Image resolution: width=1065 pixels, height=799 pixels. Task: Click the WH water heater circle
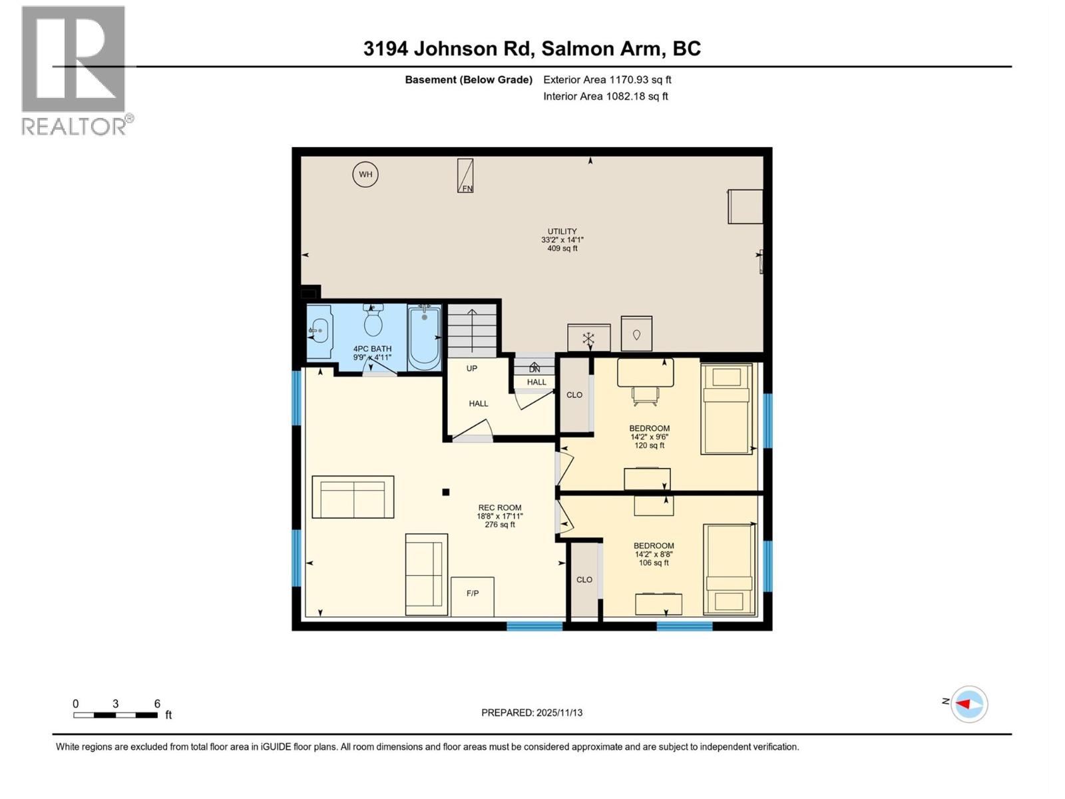[365, 174]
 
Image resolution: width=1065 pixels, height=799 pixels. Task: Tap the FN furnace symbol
[465, 176]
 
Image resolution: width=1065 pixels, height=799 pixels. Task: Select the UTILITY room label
[562, 240]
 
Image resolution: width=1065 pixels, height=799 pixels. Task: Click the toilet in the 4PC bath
[373, 321]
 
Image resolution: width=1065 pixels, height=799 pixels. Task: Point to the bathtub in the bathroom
[424, 337]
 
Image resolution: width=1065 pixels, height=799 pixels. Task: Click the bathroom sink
[319, 329]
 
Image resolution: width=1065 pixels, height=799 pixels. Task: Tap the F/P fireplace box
[473, 596]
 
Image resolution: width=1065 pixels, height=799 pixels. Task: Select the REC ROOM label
[500, 515]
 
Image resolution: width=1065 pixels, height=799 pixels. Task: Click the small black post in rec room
[446, 492]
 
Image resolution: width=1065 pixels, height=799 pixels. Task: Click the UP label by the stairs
[472, 368]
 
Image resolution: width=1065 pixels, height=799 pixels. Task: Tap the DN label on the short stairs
[534, 369]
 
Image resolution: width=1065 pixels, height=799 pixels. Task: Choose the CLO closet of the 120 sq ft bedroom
[574, 395]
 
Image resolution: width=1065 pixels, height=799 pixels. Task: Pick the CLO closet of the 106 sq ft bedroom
[584, 580]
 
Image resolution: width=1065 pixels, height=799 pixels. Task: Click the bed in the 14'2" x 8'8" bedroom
[730, 569]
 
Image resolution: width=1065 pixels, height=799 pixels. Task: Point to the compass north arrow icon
[968, 704]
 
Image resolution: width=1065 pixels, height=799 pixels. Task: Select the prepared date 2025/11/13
[532, 712]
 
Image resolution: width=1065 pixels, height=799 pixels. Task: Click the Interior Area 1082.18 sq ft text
[605, 96]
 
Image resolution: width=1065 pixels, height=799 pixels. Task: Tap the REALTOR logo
[74, 70]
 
